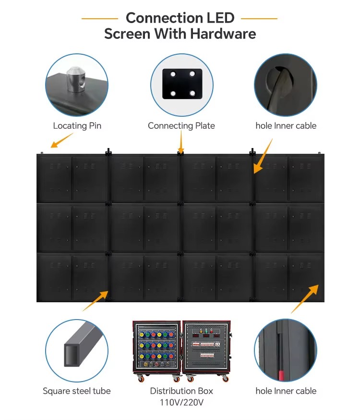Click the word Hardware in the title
223,34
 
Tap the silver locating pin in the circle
76,80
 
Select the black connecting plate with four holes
182,84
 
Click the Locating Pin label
77,125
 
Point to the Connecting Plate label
181,125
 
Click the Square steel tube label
77,391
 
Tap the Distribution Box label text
181,391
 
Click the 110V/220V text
181,402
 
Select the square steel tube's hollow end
72,355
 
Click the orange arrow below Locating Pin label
62,140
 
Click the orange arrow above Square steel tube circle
96,301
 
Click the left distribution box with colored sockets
157,349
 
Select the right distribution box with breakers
206,349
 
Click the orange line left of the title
99,18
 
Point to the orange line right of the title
259,18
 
